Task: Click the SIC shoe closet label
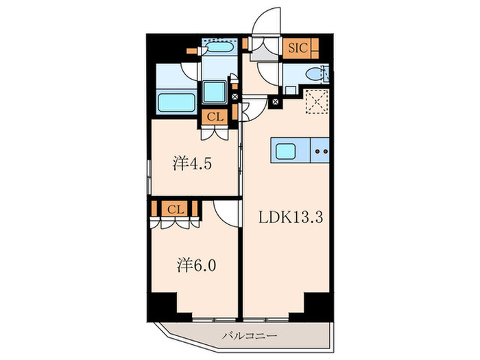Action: pos(298,48)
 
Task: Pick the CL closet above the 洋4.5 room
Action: pos(215,117)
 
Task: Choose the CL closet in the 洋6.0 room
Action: pos(176,208)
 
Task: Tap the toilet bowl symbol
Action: pos(313,75)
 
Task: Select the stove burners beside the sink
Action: pos(322,149)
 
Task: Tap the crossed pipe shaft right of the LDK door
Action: pos(276,102)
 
